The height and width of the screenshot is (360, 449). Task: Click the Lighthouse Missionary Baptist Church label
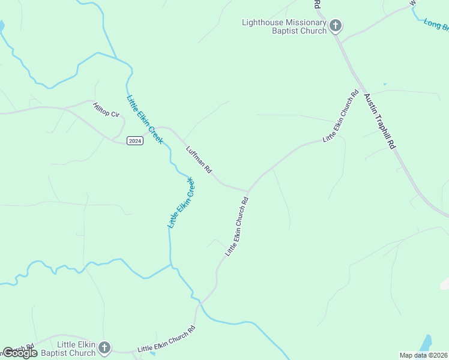click(284, 26)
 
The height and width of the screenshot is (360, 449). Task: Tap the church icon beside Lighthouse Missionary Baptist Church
click(336, 26)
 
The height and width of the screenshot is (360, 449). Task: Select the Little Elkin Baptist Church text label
click(76, 349)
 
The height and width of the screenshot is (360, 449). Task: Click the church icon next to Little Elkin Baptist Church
click(104, 347)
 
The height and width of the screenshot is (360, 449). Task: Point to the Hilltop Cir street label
click(106, 110)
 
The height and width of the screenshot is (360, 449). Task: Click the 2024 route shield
click(135, 140)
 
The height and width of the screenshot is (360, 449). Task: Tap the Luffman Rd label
click(199, 160)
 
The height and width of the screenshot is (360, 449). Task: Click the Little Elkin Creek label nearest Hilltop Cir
click(145, 119)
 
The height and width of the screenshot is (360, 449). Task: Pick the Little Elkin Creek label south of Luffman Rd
click(181, 202)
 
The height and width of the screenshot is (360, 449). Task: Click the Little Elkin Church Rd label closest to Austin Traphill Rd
click(341, 116)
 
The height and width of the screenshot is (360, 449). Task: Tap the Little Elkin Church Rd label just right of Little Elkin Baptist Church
click(166, 340)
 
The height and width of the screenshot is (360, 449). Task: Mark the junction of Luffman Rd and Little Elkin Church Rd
click(248, 191)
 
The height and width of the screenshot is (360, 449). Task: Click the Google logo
click(20, 353)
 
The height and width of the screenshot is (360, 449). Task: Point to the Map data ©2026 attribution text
click(423, 355)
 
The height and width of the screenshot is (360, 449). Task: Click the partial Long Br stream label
click(436, 25)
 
